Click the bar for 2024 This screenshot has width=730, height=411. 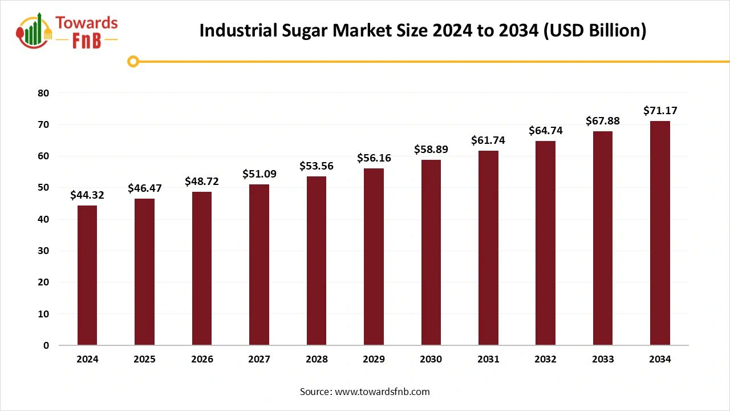click(x=87, y=275)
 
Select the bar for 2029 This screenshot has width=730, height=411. click(x=374, y=256)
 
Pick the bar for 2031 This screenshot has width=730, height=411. click(x=488, y=248)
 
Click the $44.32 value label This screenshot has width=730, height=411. click(x=87, y=195)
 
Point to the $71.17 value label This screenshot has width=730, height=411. click(x=660, y=111)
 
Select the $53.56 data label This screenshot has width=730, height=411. click(x=317, y=166)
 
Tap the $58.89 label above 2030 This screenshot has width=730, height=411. click(x=431, y=150)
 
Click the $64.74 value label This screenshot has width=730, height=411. click(x=546, y=131)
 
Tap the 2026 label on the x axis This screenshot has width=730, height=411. click(x=202, y=359)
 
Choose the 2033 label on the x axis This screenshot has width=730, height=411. click(x=603, y=359)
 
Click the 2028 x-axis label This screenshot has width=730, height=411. click(x=317, y=359)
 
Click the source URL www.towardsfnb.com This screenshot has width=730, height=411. click(x=382, y=392)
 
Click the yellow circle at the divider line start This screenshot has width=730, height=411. click(x=133, y=62)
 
